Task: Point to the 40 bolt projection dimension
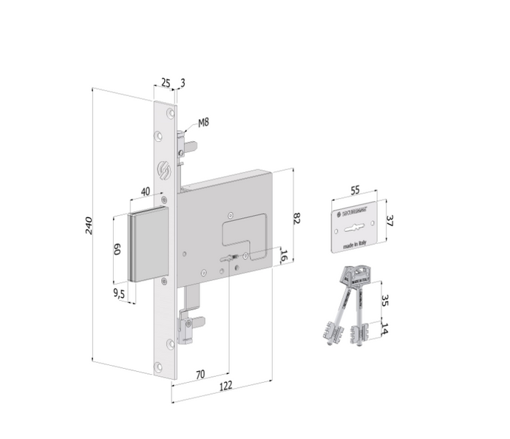coord(146,192)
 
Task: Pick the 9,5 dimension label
coord(119,293)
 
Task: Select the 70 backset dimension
coord(200,375)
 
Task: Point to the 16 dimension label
coord(283,256)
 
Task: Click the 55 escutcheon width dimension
coord(355,191)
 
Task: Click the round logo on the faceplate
coord(165,169)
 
